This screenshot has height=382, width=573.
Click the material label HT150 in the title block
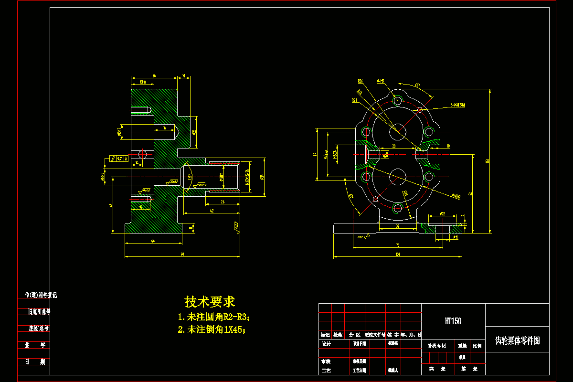[x=453, y=321]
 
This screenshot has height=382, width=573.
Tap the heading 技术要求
[x=210, y=302]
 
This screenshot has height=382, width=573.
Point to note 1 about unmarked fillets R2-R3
[x=214, y=317]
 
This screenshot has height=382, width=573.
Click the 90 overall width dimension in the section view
[x=182, y=255]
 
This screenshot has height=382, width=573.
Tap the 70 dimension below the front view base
[x=397, y=245]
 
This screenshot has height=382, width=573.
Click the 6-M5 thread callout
[x=381, y=81]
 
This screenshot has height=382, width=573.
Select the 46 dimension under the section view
[x=153, y=241]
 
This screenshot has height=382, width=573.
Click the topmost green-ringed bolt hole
[x=397, y=101]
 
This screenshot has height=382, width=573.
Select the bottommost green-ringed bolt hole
[x=397, y=208]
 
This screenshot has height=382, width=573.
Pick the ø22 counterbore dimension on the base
[x=442, y=213]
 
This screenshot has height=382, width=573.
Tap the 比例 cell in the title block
[x=477, y=345]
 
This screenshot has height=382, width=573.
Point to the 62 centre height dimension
[x=470, y=194]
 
